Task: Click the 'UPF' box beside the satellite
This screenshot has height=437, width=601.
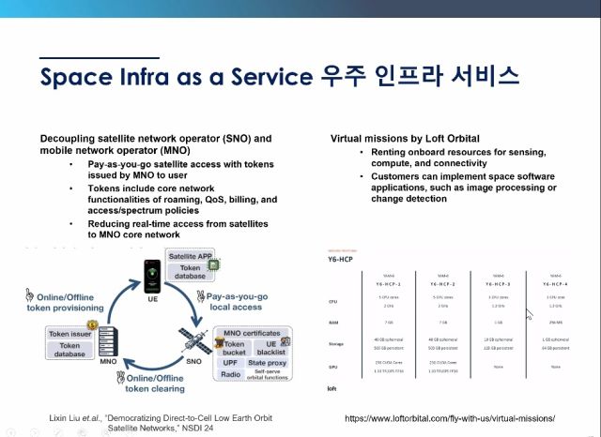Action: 230,360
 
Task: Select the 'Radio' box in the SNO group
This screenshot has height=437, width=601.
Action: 232,372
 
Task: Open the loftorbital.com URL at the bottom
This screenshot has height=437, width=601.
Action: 450,417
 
